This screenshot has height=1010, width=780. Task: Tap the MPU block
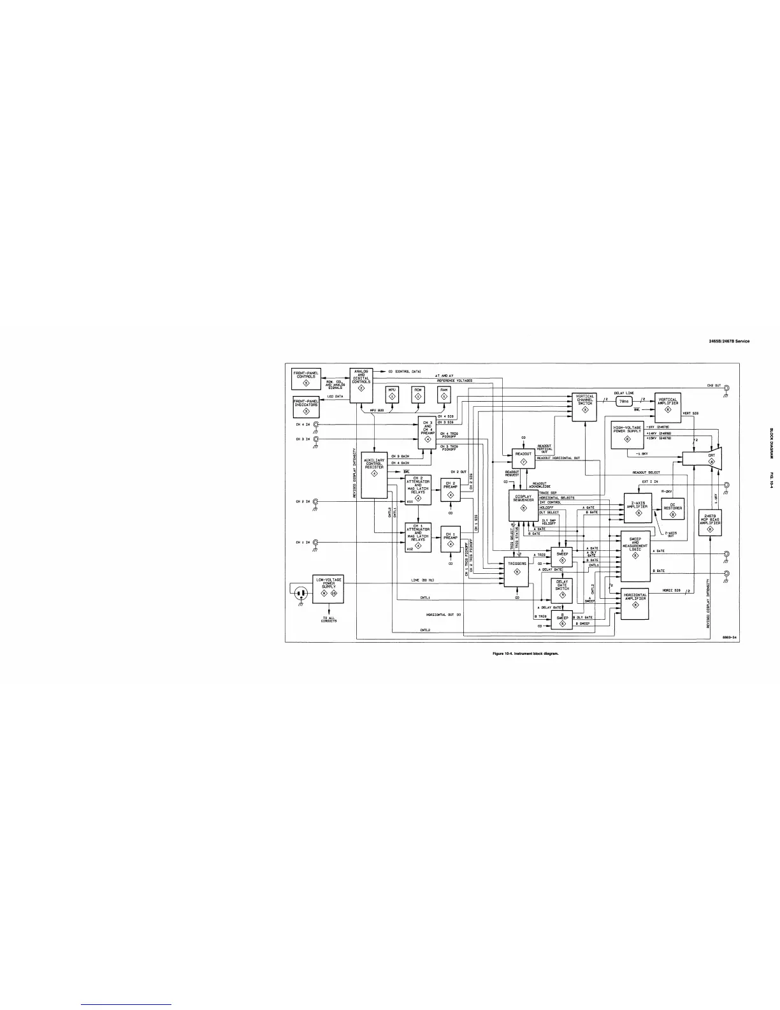tap(392, 395)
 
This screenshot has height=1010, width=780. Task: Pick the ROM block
tap(418, 395)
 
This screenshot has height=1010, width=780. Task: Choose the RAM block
tap(444, 395)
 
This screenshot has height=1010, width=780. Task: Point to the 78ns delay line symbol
tap(624, 402)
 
